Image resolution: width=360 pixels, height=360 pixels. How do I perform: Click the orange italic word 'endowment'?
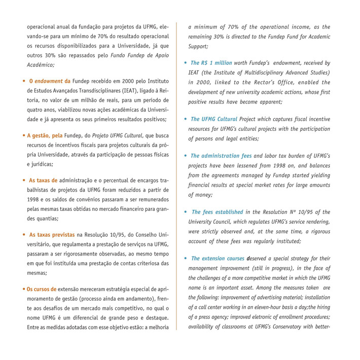[49, 81]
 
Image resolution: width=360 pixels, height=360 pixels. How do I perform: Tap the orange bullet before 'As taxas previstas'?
[24, 235]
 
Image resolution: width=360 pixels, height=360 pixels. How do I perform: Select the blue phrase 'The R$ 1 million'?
[211, 63]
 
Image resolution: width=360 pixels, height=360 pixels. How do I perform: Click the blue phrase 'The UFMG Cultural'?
[213, 119]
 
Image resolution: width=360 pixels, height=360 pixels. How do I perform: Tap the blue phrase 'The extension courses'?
[218, 259]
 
